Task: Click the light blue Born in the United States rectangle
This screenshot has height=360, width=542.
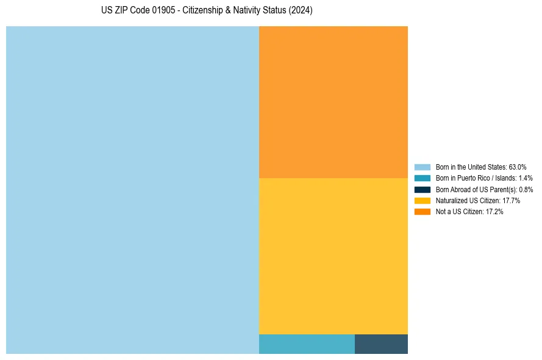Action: coord(132,190)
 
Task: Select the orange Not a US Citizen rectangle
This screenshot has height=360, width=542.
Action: coord(333,102)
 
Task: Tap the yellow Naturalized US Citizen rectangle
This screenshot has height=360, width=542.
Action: coord(333,256)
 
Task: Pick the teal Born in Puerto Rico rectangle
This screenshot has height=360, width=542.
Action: coord(307,344)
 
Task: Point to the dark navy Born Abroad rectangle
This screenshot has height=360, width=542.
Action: coord(381,344)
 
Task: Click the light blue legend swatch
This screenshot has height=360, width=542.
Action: coord(423,167)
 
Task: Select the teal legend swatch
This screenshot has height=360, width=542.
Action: coord(423,178)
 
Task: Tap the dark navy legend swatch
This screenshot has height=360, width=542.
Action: coord(423,189)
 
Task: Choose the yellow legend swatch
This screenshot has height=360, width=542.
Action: coord(423,200)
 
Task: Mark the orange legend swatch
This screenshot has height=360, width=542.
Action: coord(423,212)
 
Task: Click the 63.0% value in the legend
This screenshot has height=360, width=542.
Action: coord(518,167)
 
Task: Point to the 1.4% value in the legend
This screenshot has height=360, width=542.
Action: coord(526,178)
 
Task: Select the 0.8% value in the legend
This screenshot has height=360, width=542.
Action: coord(526,190)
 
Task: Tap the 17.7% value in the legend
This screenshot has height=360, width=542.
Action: coord(512,201)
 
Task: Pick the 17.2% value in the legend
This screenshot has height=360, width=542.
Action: coord(494,212)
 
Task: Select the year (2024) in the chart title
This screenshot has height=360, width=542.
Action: coord(300,11)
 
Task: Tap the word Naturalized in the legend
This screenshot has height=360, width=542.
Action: coord(451,201)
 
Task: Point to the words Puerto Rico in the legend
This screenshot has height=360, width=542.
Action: coord(472,178)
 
